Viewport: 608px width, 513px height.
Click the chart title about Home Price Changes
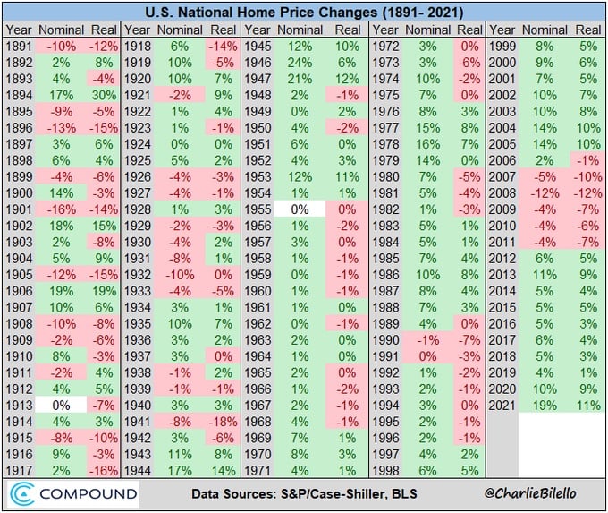[304, 13]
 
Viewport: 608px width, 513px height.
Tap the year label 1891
[21, 46]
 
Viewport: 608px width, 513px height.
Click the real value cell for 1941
[224, 432]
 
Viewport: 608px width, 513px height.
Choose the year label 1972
[384, 46]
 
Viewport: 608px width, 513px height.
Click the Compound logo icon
[24, 493]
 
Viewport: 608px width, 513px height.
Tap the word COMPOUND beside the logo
[88, 493]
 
